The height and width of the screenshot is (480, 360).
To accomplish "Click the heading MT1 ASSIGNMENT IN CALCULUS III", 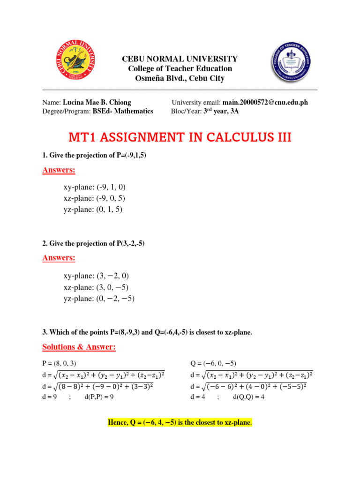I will pyautogui.click(x=180, y=137).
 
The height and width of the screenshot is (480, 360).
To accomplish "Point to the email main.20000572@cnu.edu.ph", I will pyautogui.click(x=265, y=102).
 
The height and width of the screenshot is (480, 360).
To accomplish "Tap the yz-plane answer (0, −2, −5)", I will pyautogui.click(x=115, y=299).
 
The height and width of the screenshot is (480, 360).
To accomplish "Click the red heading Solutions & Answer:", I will pyautogui.click(x=79, y=347).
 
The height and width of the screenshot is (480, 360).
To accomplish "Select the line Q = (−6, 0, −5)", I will pyautogui.click(x=213, y=363).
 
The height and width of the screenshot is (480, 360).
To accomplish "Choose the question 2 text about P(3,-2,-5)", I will pyautogui.click(x=97, y=243).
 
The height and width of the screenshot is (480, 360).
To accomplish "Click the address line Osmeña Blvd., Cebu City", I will pyautogui.click(x=180, y=78).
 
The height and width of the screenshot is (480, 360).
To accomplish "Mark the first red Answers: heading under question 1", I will pyautogui.click(x=59, y=170).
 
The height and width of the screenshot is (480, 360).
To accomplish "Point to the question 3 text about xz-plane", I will pyautogui.click(x=147, y=332).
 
